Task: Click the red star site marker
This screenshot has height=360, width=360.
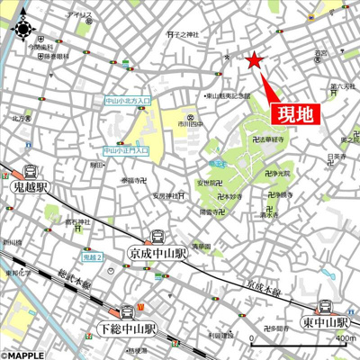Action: [254, 60]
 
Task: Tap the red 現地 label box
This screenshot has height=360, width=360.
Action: [295, 114]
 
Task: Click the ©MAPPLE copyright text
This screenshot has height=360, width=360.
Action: [24, 354]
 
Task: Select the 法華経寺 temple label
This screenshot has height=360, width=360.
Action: [270, 141]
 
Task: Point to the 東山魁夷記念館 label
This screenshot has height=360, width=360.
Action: [225, 94]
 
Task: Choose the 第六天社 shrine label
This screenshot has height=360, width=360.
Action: [340, 86]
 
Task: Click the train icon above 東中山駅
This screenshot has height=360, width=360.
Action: [327, 305]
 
